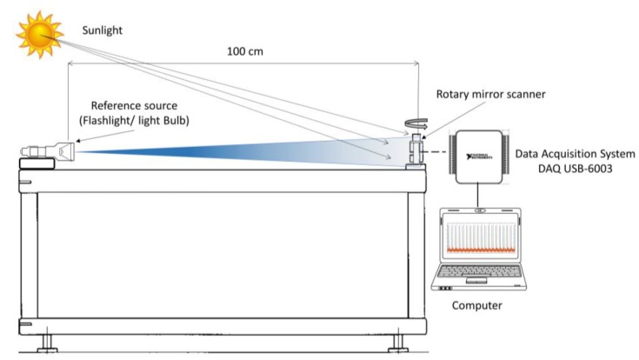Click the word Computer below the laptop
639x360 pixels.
[476, 307]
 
